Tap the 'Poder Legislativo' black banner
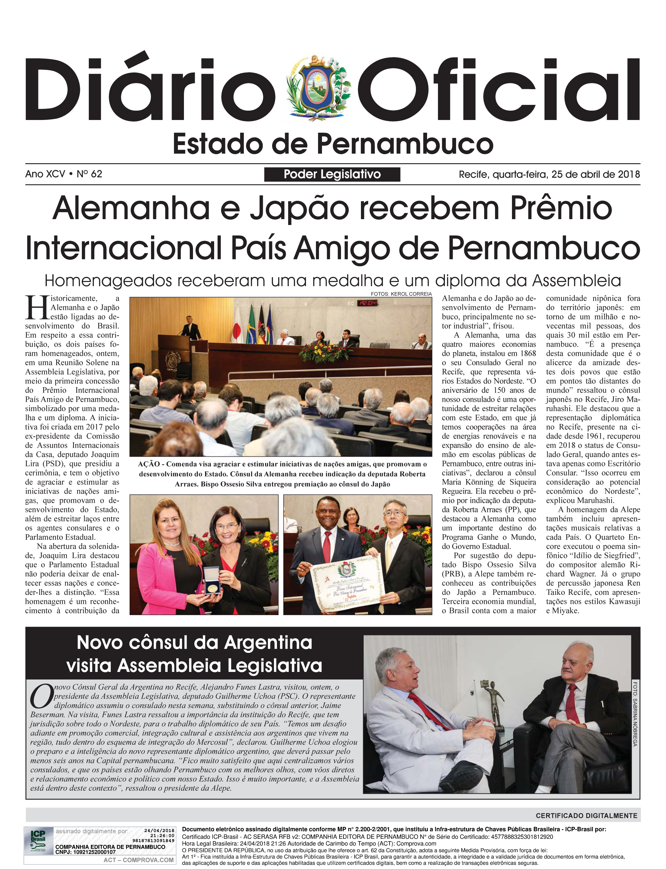coord(332,174)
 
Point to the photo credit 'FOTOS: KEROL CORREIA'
coord(401,294)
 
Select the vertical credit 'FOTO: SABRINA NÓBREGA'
coord(635,714)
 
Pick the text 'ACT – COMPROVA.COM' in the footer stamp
coord(138,860)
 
